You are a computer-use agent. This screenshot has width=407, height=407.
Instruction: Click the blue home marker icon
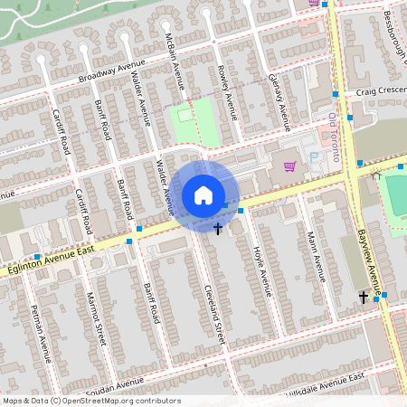point(203,194)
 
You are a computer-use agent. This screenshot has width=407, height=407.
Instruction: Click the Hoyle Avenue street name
point(261,270)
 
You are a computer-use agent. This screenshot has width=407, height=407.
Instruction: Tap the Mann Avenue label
point(314,255)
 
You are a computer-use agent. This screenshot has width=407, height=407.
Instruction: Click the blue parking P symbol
point(315,157)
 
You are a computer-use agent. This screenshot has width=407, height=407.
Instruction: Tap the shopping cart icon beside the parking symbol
point(289,166)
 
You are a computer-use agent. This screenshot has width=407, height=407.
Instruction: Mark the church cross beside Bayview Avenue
point(364,297)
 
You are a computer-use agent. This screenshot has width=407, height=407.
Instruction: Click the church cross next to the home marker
point(219,228)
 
